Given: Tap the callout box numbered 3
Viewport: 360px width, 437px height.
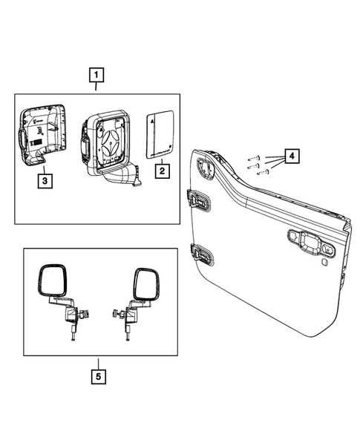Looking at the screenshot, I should pos(45,179).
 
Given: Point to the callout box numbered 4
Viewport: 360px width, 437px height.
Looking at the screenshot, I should pos(292,157).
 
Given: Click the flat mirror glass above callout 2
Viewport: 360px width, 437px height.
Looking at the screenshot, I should pos(160,134).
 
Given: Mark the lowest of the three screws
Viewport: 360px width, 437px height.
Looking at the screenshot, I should pos(262,174).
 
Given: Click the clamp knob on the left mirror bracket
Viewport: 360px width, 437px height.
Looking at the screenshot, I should pos(84,314).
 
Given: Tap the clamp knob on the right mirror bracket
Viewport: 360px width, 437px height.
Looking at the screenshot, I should pos(117,314).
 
